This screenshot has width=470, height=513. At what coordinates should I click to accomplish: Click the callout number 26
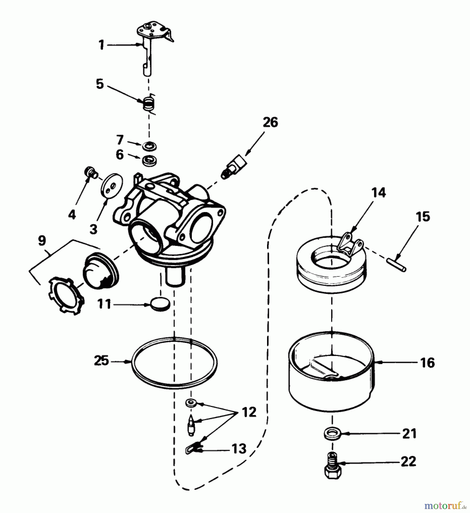(x=270, y=123)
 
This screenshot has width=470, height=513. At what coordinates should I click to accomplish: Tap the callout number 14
(x=378, y=193)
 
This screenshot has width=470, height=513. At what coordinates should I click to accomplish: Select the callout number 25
(x=101, y=361)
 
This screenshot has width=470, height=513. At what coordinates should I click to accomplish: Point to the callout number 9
(x=42, y=241)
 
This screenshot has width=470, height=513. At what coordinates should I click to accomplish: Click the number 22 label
(x=408, y=461)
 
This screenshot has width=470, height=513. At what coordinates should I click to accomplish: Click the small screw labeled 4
(x=91, y=173)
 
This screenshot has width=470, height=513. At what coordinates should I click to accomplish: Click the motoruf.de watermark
(x=445, y=506)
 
